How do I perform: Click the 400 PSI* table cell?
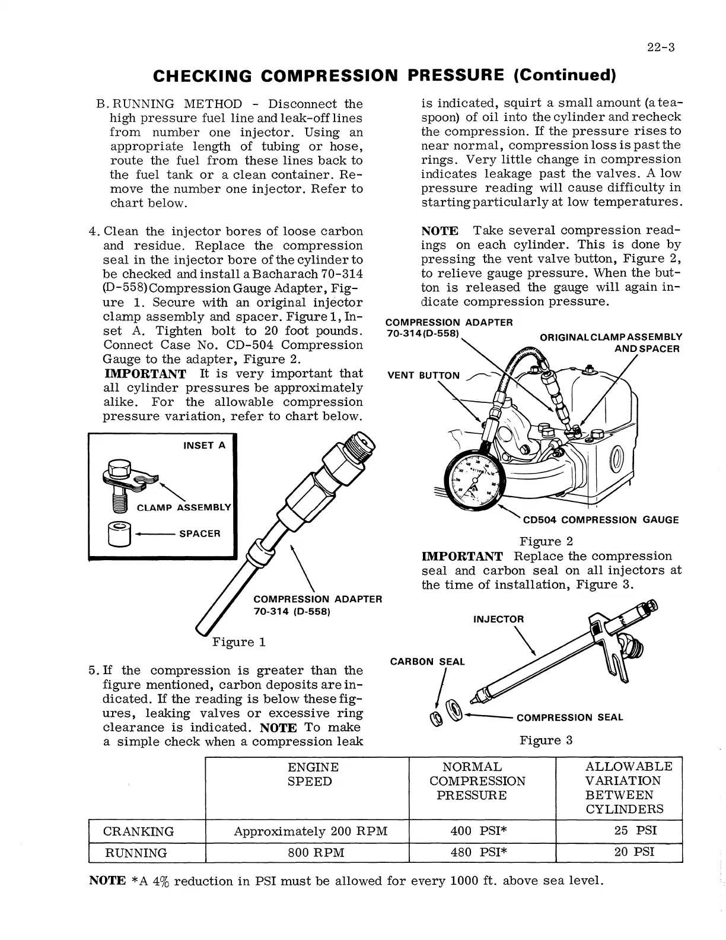[x=479, y=831]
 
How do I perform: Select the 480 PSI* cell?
[x=479, y=853]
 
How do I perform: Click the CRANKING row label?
[x=139, y=831]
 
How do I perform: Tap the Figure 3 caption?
[x=546, y=740]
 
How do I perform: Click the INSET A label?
[x=204, y=446]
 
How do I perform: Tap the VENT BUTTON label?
[x=423, y=376]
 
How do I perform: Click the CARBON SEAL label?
[x=427, y=662]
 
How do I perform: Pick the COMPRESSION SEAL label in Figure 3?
[x=569, y=717]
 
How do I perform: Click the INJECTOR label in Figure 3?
[x=498, y=620]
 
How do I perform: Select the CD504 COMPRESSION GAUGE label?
[x=600, y=520]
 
